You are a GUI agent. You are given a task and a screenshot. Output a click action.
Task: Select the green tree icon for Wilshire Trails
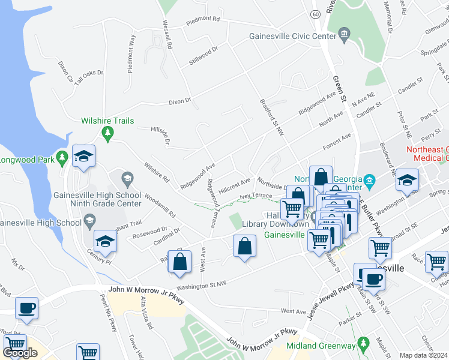tap(108, 133)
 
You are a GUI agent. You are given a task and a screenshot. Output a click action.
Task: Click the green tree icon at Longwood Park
tap(61, 158)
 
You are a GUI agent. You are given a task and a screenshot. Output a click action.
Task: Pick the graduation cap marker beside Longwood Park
tap(84, 157)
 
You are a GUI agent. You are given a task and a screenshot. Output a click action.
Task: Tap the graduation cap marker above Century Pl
tap(106, 241)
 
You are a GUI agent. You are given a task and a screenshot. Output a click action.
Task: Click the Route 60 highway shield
tap(315, 14)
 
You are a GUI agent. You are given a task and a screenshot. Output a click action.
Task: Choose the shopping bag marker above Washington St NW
tap(180, 262)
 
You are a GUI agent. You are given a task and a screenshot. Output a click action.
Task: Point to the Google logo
tap(20, 353)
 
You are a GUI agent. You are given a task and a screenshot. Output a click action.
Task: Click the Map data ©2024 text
tap(423, 355)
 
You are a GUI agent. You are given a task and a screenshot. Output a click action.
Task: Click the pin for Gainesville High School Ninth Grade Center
tap(127, 178)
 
